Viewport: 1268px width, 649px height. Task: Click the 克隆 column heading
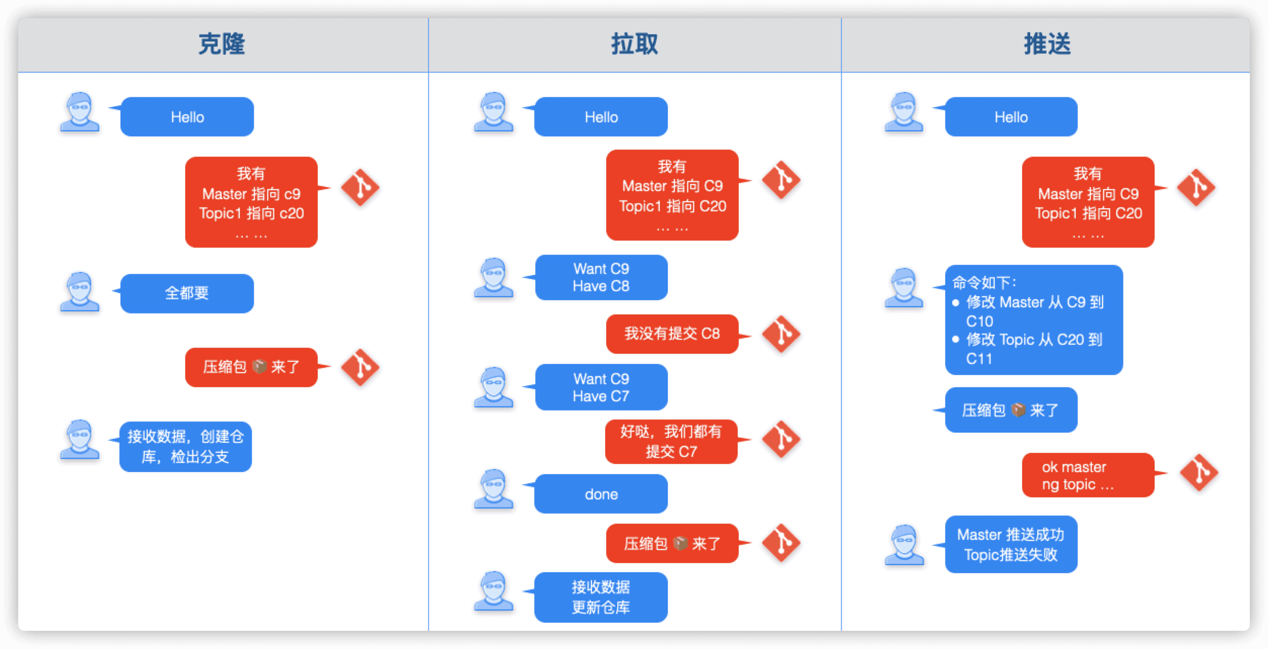222,44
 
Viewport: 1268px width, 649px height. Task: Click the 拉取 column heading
634,44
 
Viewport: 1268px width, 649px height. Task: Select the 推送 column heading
1047,44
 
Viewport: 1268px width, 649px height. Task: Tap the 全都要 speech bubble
187,293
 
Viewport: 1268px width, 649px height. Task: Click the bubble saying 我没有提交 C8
672,334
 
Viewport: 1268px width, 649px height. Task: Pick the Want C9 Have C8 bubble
601,277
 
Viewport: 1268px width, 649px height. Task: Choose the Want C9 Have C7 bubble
601,387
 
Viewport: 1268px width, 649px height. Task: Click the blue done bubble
601,494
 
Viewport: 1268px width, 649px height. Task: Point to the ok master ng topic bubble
1088,475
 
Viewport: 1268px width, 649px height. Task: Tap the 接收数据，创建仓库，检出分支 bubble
185,447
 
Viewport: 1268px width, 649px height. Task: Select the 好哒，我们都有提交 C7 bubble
671,442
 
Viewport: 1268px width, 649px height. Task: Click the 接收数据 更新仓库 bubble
601,597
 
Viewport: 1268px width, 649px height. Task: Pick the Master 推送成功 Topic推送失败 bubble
1011,544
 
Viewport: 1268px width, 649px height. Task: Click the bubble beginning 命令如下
1034,320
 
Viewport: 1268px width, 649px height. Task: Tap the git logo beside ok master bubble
1198,473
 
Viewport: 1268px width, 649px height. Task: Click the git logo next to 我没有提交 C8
781,334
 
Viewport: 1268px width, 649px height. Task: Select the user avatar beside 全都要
80,292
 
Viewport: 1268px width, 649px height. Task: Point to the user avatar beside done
493,489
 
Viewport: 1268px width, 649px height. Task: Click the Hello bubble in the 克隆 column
187,117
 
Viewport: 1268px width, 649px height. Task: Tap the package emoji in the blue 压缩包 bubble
1018,410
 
